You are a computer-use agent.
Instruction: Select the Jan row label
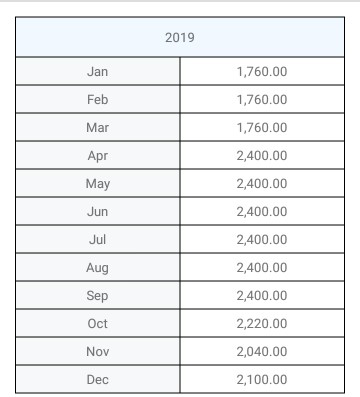(x=98, y=71)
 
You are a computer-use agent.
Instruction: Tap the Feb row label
(x=98, y=99)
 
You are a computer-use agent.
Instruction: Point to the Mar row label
(x=98, y=127)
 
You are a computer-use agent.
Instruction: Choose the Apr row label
(x=98, y=155)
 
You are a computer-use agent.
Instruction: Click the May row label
(x=98, y=183)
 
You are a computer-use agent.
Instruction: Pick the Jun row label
(x=98, y=211)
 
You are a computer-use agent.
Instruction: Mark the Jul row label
(x=98, y=240)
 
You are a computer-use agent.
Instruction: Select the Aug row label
(x=98, y=268)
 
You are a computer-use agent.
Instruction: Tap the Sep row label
(x=98, y=296)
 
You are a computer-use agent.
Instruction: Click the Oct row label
(x=98, y=324)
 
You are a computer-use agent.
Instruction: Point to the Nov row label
(x=98, y=352)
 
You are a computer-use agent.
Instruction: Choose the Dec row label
(x=98, y=380)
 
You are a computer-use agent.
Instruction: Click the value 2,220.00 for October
(x=262, y=324)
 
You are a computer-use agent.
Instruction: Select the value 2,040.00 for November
(x=262, y=352)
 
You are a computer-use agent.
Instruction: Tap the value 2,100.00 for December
(x=262, y=380)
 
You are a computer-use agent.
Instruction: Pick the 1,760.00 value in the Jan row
(x=262, y=71)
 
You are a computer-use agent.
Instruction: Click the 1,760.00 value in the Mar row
(x=262, y=127)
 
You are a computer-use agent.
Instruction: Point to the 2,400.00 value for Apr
(x=262, y=155)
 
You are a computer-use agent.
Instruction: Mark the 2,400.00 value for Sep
(x=262, y=296)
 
